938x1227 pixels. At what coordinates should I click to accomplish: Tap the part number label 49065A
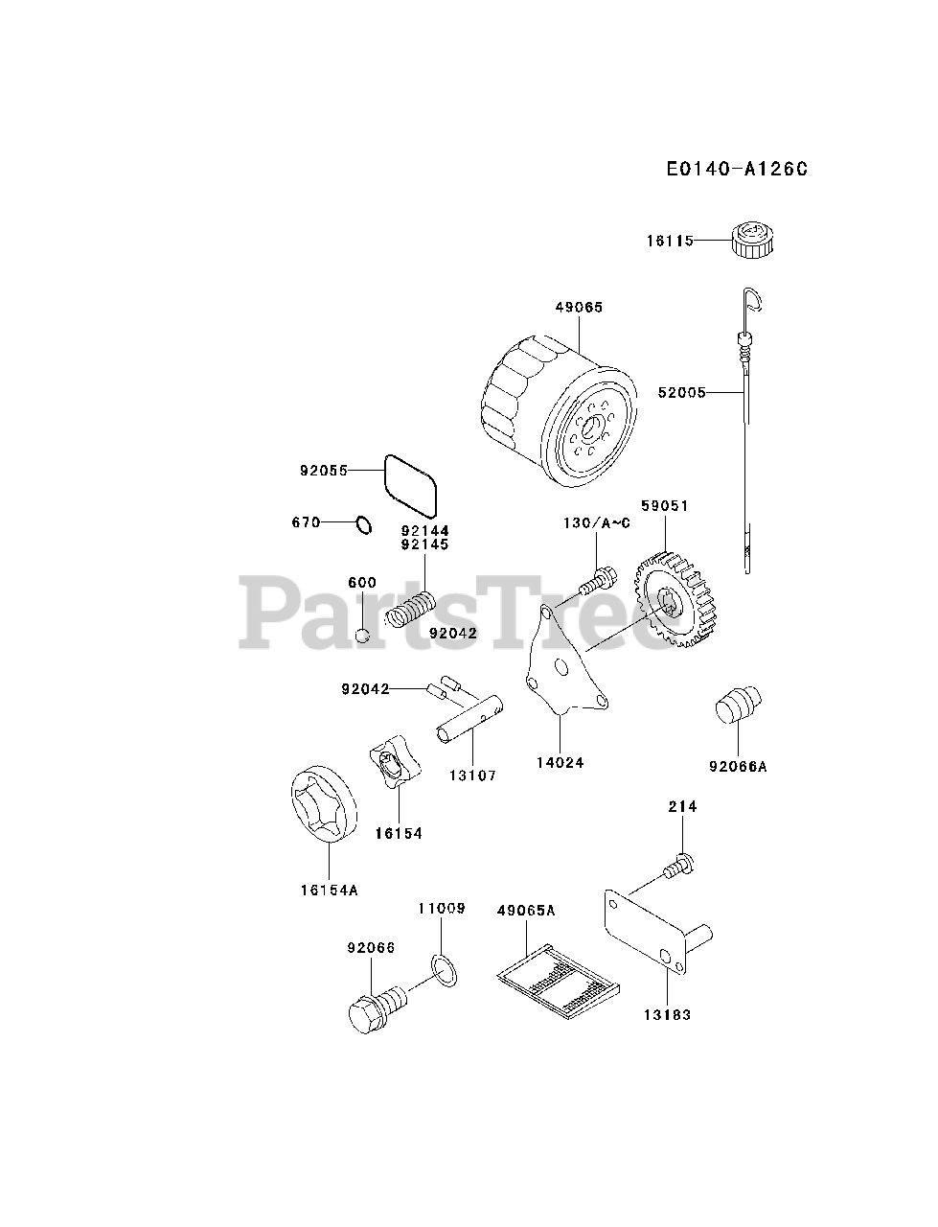pyautogui.click(x=526, y=911)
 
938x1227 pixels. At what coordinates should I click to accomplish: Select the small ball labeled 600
pyautogui.click(x=362, y=634)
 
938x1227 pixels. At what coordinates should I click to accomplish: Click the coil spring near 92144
pyautogui.click(x=412, y=609)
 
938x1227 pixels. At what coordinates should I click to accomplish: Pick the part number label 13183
pyautogui.click(x=668, y=1014)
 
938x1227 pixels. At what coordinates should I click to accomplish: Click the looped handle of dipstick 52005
pyautogui.click(x=753, y=302)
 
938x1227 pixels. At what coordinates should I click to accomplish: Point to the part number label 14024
pyautogui.click(x=561, y=763)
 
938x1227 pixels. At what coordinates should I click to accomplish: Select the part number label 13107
pyautogui.click(x=472, y=776)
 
